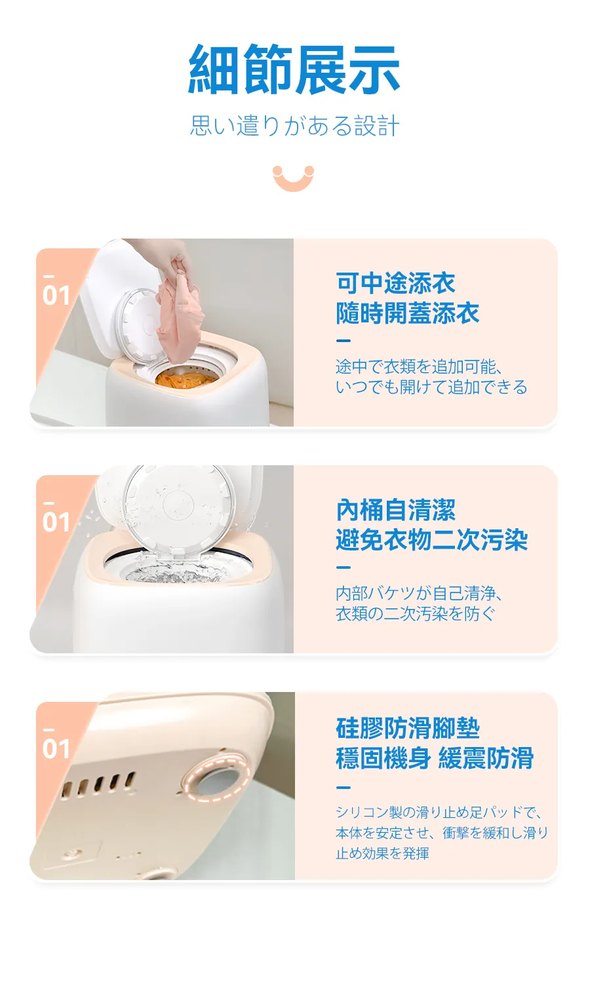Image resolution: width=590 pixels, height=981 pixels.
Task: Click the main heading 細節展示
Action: coord(294,69)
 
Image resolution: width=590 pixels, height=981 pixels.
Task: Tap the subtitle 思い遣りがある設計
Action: coord(294,126)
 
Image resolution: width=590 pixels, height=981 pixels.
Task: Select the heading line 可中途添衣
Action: coord(395,283)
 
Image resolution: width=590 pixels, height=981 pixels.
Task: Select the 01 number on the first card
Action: coord(56,295)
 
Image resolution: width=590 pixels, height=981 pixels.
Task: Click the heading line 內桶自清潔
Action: coord(395,510)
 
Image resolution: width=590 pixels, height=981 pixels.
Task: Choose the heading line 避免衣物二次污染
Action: coord(431,539)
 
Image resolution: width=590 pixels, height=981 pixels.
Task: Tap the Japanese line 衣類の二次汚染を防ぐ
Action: coord(416,613)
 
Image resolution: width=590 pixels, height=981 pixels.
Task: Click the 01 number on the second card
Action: coord(56,522)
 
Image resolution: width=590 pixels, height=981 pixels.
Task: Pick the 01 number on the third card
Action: coord(56,749)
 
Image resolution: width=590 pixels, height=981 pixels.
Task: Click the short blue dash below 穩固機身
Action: coord(344,788)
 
